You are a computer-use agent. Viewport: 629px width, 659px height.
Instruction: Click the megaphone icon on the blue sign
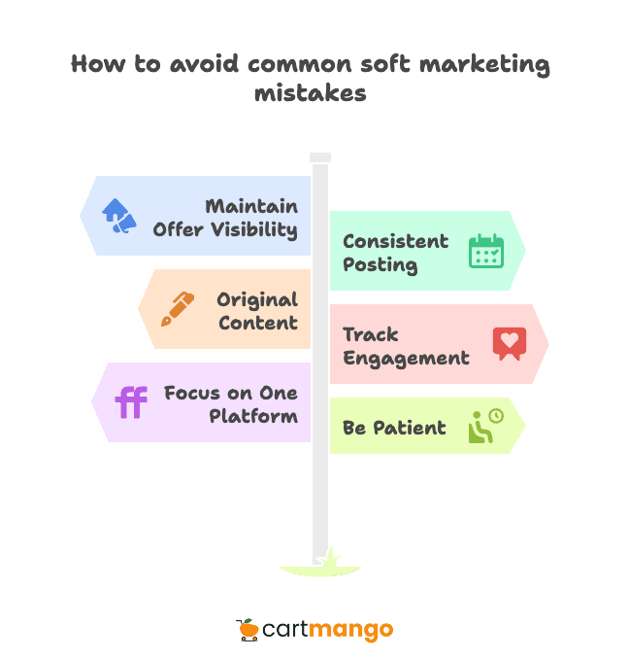118,216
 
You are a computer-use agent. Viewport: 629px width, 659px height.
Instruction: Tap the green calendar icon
485,251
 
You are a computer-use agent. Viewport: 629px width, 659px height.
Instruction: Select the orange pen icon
178,309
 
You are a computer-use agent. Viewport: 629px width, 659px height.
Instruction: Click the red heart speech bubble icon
509,343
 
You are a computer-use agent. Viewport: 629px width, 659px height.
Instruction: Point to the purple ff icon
131,401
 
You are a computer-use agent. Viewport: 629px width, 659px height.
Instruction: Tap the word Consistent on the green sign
395,241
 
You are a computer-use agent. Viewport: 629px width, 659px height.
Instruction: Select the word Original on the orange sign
257,299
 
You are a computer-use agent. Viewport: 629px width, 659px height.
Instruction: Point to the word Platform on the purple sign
253,416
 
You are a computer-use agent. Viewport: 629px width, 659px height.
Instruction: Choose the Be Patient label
394,428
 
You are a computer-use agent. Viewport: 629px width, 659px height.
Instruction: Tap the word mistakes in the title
311,93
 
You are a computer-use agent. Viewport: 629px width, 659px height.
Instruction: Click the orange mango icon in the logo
248,630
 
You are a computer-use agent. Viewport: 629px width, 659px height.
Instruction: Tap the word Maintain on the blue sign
251,207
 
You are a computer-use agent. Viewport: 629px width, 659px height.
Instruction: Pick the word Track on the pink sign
370,334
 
